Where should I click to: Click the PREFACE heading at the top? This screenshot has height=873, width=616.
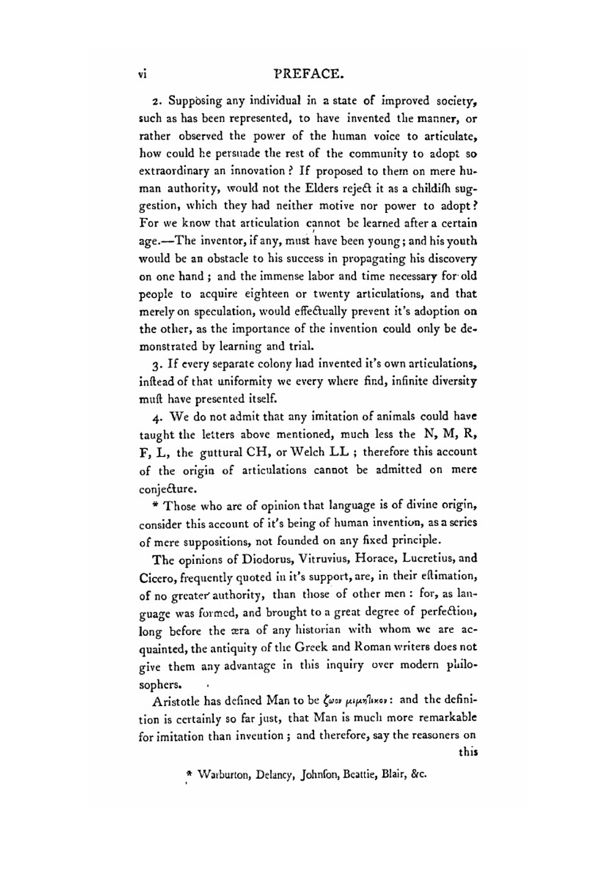pos(307,74)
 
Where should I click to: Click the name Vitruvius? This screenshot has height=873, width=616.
pos(330,559)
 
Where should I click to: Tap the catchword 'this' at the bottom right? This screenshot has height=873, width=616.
pos(468,752)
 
